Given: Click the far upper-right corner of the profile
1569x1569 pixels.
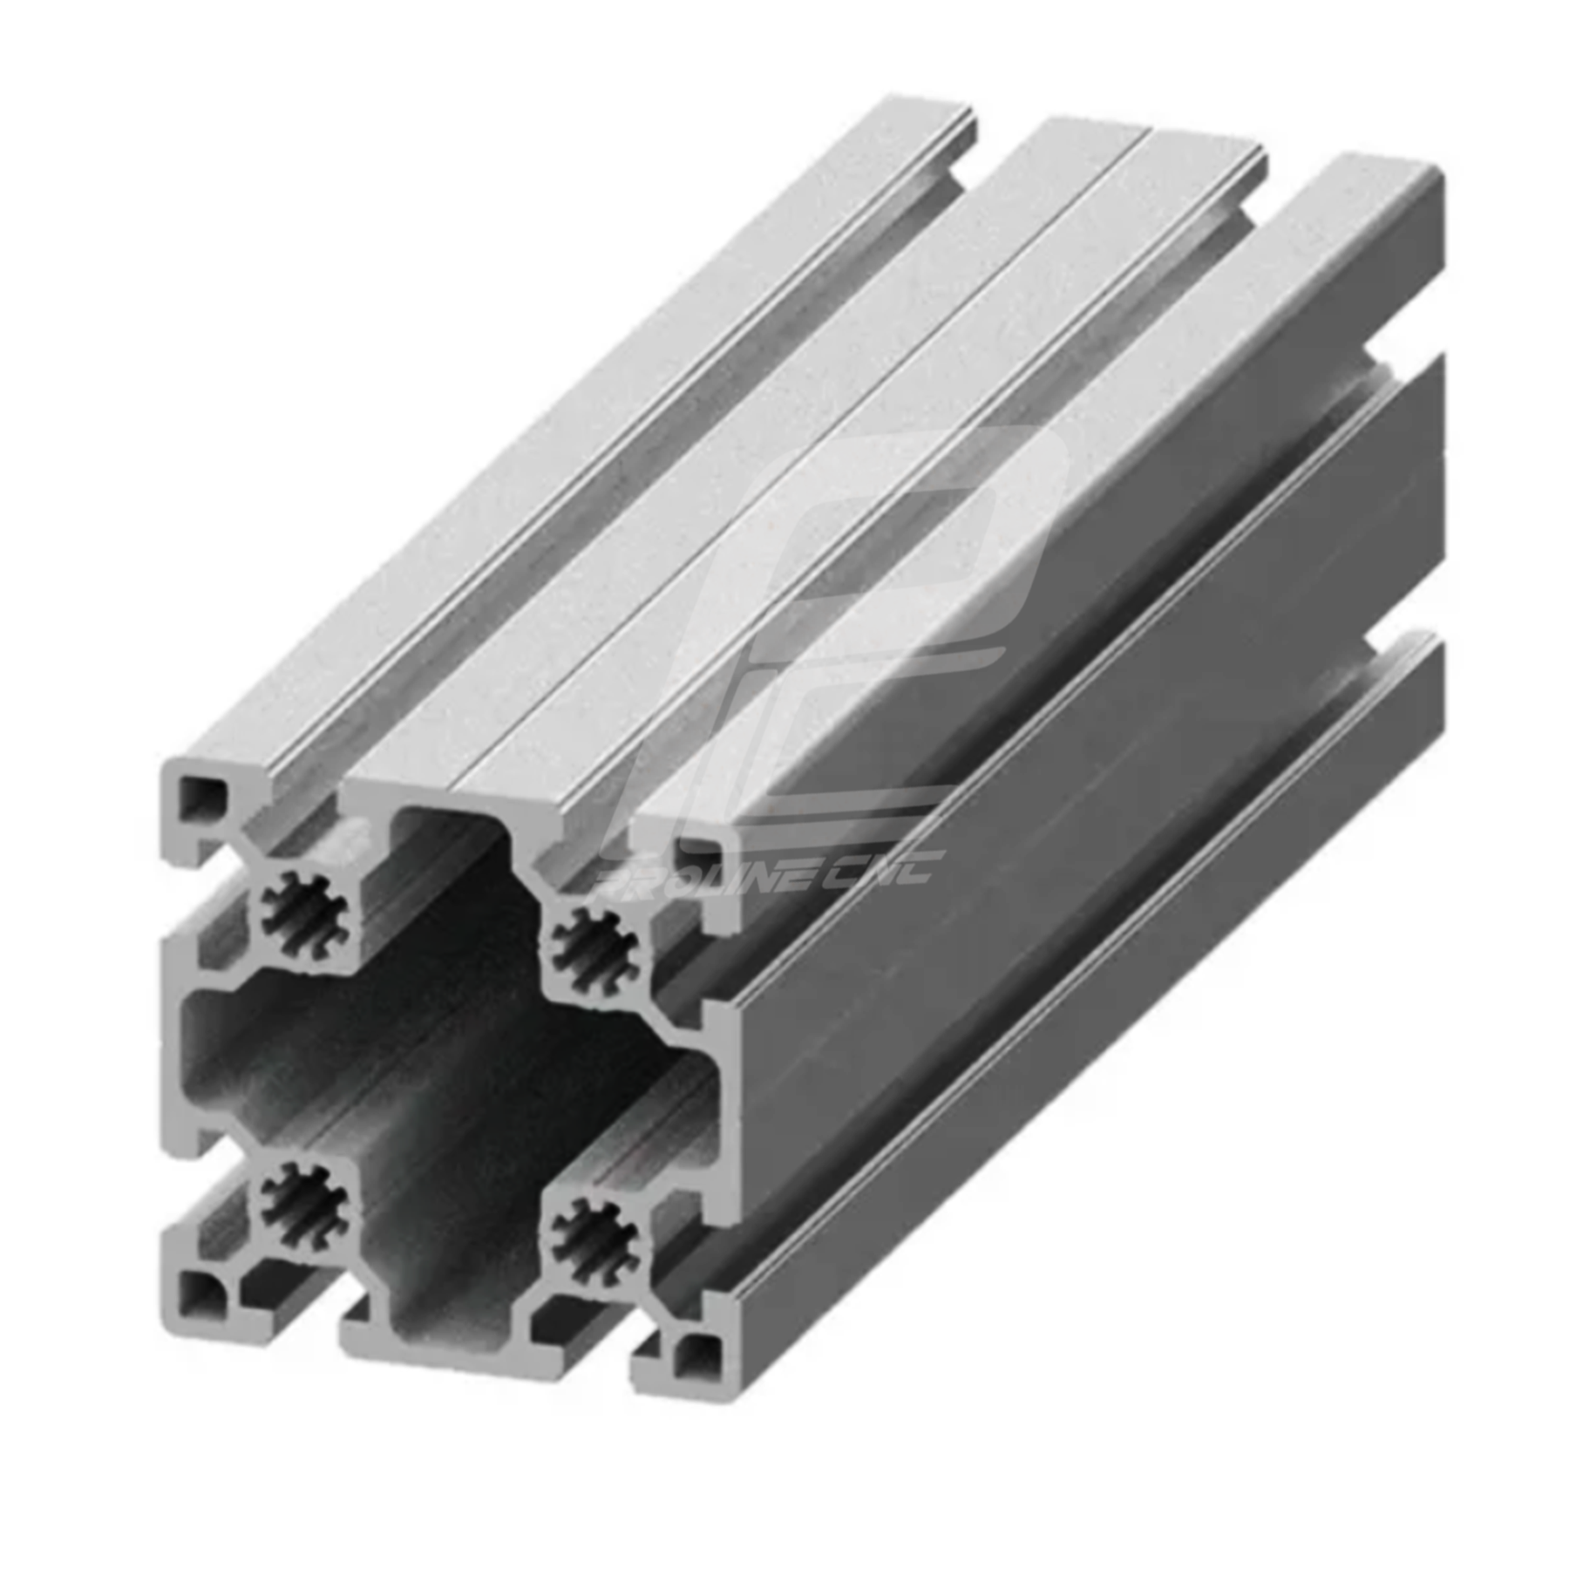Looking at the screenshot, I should pos(1438,179).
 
